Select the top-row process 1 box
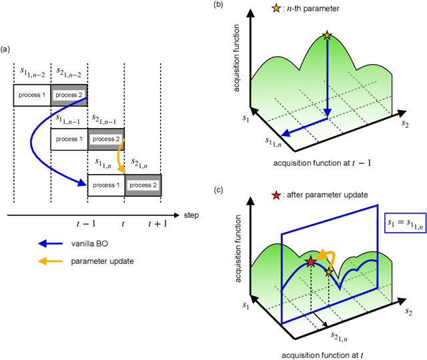click(x=32, y=95)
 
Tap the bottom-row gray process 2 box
click(x=143, y=185)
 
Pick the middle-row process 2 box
click(x=105, y=139)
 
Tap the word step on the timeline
click(x=191, y=215)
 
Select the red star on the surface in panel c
click(x=310, y=243)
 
